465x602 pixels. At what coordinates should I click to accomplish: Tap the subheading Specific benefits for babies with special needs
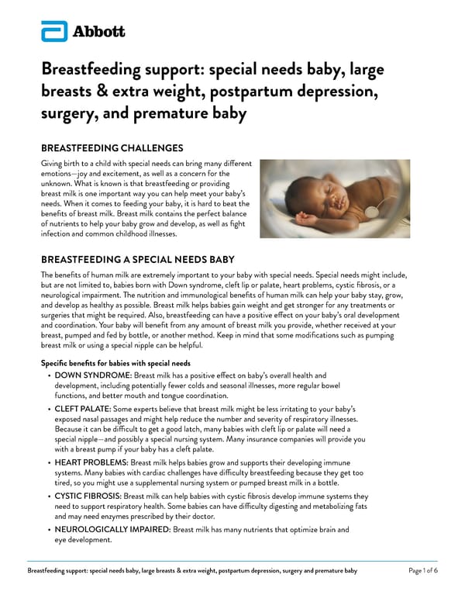pos(115,363)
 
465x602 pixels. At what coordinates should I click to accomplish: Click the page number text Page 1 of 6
pos(422,571)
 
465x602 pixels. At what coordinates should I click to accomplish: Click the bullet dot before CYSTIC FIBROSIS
pos(50,495)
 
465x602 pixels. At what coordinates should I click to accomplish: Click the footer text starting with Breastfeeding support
pos(192,571)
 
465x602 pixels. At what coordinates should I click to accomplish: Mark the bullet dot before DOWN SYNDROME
pos(50,376)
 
